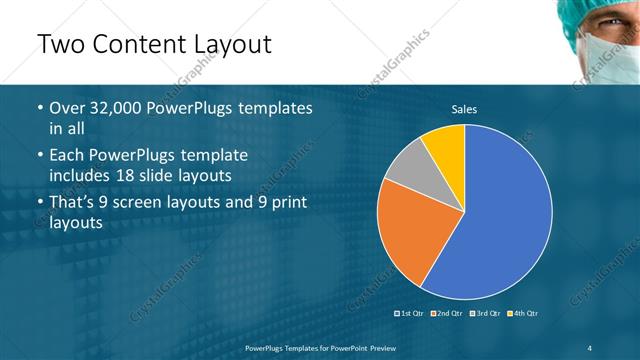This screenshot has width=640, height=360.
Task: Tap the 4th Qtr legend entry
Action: coord(522,314)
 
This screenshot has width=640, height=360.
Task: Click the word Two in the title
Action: coord(62,44)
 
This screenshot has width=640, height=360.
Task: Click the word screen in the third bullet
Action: coord(152,203)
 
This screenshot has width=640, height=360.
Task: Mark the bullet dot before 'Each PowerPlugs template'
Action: coord(38,156)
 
